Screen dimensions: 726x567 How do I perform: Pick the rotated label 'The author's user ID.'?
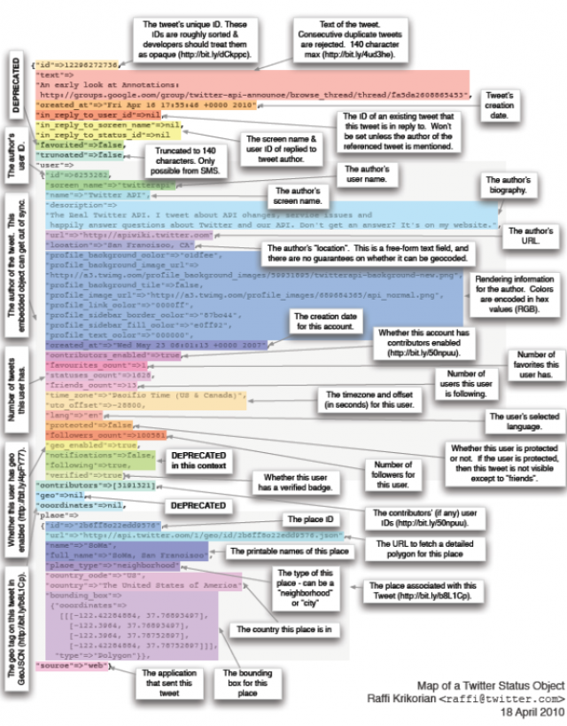(12, 157)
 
